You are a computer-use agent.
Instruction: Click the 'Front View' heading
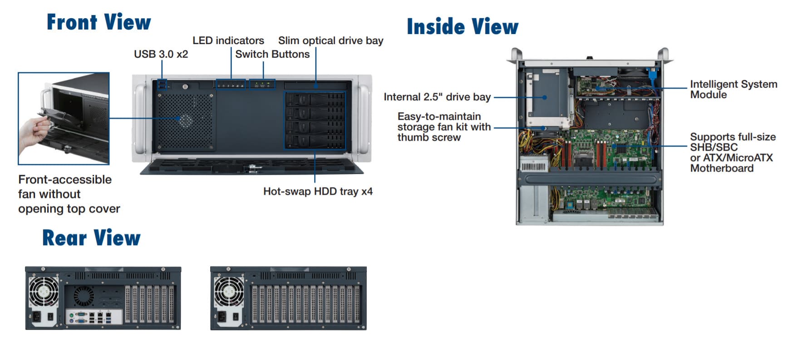[99, 22]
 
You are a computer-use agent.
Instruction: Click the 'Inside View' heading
[462, 27]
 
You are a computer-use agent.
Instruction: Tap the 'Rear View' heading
[91, 238]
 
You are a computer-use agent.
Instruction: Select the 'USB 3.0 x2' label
[161, 54]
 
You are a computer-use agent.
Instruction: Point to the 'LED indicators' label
[228, 40]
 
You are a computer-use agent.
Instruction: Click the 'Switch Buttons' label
[272, 54]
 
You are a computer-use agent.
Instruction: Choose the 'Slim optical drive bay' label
[330, 40]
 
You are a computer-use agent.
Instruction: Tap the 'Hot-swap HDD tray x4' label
[318, 191]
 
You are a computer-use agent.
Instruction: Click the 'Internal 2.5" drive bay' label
[437, 97]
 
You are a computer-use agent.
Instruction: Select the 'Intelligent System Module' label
[733, 89]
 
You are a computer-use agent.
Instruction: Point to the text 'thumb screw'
[429, 138]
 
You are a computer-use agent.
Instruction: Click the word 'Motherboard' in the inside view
[722, 168]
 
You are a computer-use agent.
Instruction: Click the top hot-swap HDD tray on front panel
[315, 99]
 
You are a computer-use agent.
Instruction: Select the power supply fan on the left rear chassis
[44, 291]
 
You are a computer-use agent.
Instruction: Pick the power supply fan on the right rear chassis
[229, 291]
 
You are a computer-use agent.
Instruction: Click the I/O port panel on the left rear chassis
[94, 317]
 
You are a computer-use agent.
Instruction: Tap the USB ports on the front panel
[162, 84]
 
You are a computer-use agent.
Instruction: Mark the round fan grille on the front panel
[185, 121]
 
